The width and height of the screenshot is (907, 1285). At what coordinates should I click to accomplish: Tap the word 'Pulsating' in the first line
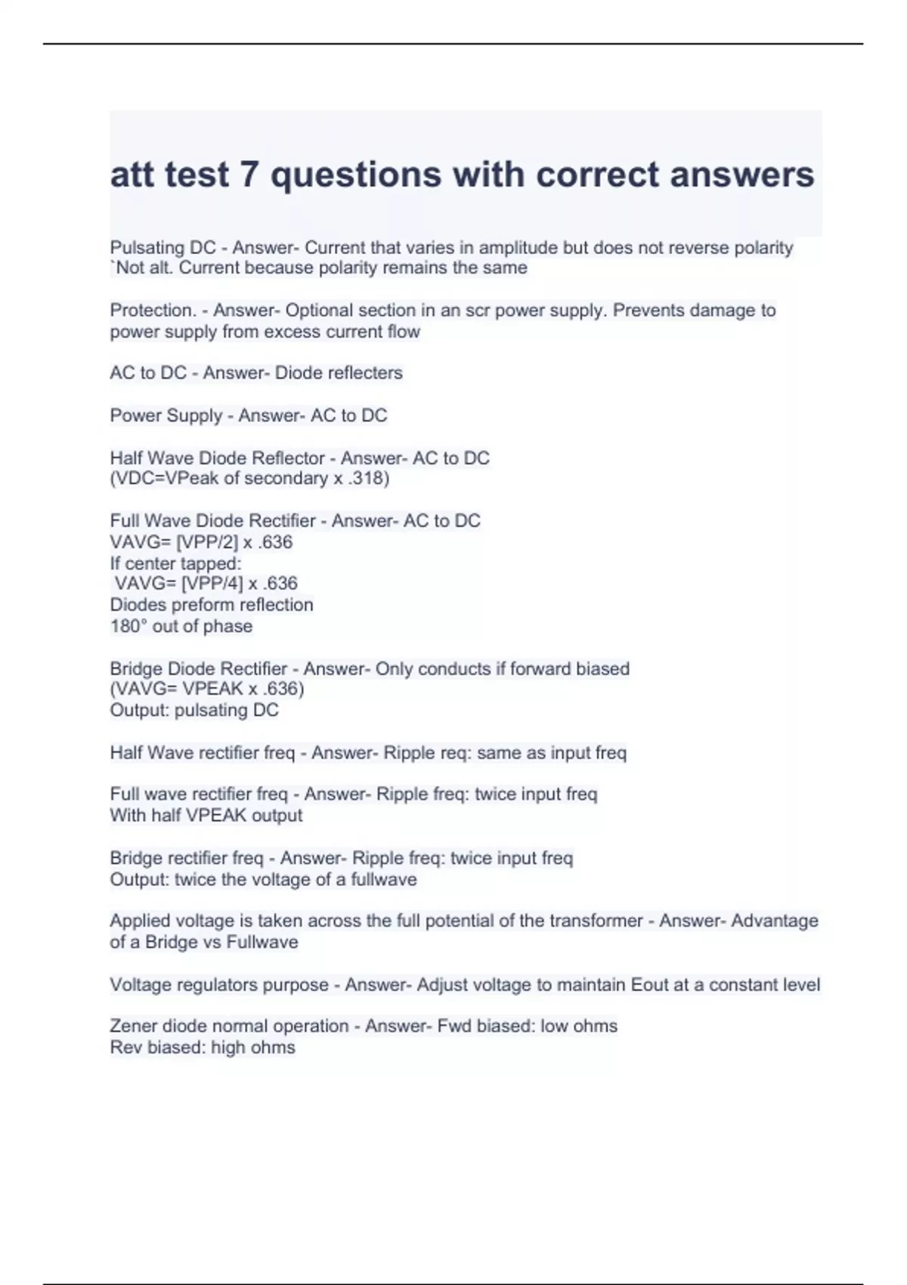coord(147,248)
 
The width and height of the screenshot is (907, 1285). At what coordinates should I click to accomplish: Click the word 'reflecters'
coord(367,373)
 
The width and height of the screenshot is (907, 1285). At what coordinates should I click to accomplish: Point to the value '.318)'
coord(369,478)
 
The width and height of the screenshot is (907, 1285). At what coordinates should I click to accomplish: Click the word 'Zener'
coord(134,1026)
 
